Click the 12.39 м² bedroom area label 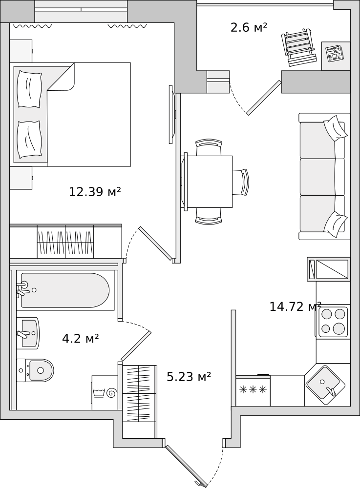click(x=94, y=192)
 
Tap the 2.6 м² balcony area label click(x=249, y=27)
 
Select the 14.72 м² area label click(x=295, y=306)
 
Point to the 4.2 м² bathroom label click(x=80, y=338)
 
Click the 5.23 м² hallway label click(x=189, y=376)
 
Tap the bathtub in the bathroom click(x=64, y=290)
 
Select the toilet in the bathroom click(x=36, y=370)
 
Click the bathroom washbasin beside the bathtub click(x=28, y=333)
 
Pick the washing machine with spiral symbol click(x=105, y=393)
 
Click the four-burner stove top click(x=333, y=322)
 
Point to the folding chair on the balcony click(x=297, y=48)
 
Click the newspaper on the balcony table click(x=335, y=53)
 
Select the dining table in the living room click(x=209, y=182)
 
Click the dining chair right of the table click(x=240, y=182)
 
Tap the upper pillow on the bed click(x=29, y=89)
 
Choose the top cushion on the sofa click(x=335, y=128)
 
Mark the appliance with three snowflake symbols click(x=253, y=390)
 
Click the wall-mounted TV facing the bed click(x=171, y=114)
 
